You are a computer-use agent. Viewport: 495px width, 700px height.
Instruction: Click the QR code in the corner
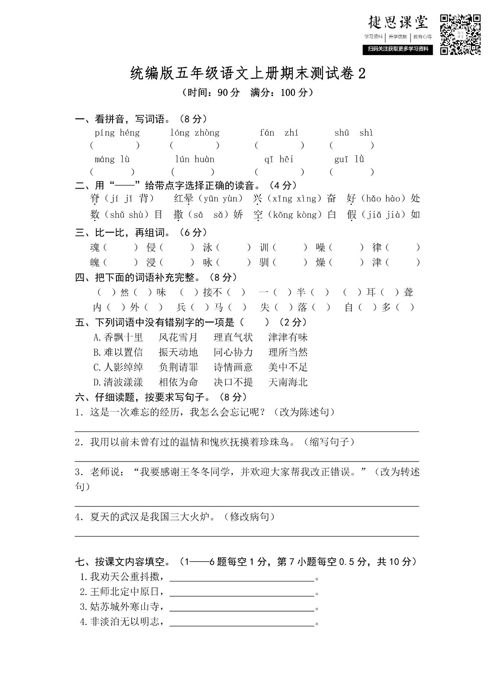(x=460, y=35)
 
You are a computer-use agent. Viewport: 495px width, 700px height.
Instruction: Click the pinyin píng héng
(x=117, y=133)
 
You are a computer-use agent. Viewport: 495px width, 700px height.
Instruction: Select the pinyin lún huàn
(x=195, y=159)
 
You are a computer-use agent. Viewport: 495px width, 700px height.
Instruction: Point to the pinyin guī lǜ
(x=349, y=159)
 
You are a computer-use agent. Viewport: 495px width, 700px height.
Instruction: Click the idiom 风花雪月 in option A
(x=178, y=337)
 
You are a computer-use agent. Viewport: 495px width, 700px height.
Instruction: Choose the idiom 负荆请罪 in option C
(x=178, y=367)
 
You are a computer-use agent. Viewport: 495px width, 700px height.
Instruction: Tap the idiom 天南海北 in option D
(x=288, y=382)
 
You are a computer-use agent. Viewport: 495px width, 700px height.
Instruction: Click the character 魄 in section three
(x=95, y=262)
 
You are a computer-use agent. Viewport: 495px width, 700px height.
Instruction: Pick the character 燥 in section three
(x=321, y=262)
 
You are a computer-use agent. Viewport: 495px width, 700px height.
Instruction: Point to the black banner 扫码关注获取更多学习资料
(x=398, y=49)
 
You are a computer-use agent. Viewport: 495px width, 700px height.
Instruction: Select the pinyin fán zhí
(x=279, y=133)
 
